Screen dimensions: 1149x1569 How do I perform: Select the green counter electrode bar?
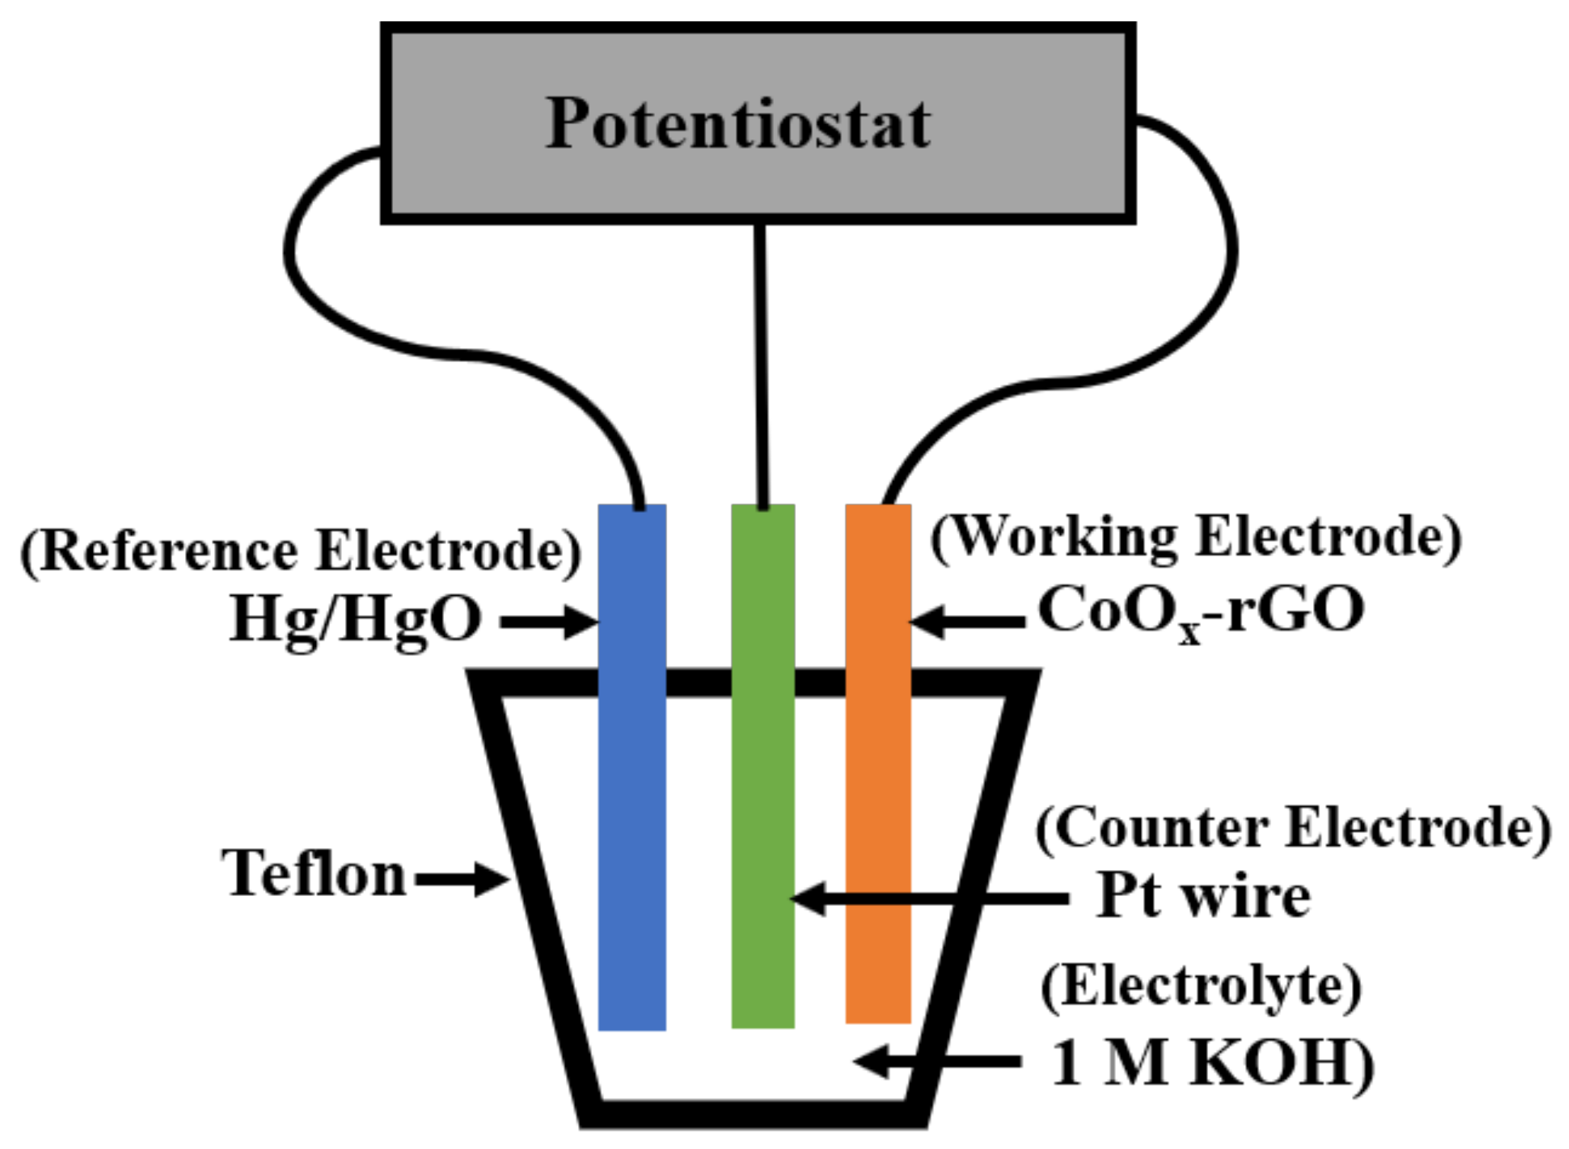coord(762,762)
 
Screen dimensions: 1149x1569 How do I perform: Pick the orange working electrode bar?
coord(878,762)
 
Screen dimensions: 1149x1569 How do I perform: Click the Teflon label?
coord(314,874)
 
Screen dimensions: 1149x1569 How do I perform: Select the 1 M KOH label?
coord(1211,1062)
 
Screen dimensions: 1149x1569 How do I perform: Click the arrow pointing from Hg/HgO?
coord(548,622)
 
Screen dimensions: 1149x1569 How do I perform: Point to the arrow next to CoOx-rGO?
coord(967,622)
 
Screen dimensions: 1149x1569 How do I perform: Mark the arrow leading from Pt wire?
coord(929,899)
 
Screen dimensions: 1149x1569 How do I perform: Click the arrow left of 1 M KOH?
coord(937,1061)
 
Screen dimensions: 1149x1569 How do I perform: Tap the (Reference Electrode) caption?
coord(301,550)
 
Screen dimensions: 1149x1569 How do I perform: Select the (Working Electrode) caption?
coord(1196,537)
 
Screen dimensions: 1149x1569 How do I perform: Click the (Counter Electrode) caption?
coord(1293,828)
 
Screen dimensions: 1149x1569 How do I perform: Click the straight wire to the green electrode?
coord(760,366)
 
